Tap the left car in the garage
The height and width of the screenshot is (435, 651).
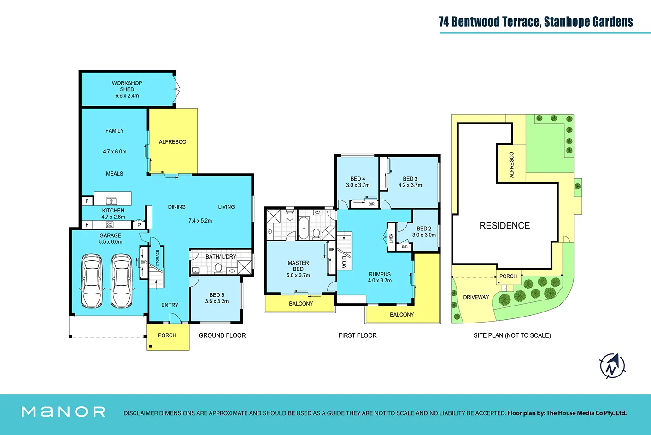(92, 281)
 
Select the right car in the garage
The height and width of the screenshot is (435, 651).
(122, 281)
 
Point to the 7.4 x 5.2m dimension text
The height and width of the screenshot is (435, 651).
(200, 221)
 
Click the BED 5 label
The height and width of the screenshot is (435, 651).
(217, 295)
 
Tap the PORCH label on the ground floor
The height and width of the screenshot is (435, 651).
(167, 335)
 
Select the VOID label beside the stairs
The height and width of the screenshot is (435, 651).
(344, 262)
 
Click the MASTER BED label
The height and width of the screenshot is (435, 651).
(298, 266)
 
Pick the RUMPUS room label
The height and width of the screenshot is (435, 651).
(380, 274)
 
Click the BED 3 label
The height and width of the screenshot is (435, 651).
(410, 179)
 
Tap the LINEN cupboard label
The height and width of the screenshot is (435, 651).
(391, 238)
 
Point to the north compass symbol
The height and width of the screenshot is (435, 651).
(612, 366)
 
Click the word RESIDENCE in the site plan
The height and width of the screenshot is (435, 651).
(504, 226)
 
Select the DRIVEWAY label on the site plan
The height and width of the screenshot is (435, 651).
(476, 297)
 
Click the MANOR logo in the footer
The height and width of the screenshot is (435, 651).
(64, 411)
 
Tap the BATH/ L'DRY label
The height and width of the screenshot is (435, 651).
(221, 257)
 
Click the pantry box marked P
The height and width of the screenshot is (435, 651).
(139, 225)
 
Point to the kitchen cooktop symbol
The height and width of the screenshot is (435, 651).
(110, 225)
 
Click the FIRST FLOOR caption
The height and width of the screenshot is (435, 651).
(358, 335)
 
